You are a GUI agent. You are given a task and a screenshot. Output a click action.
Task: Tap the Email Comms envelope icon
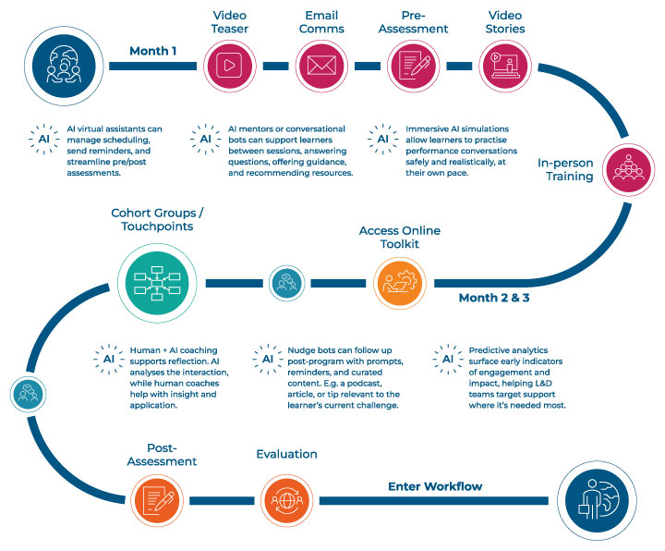(320, 66)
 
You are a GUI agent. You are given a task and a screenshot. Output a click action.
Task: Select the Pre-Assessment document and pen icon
(412, 66)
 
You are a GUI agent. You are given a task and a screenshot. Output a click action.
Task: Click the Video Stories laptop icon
(503, 66)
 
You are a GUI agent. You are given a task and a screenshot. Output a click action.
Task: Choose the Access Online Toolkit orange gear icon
(400, 282)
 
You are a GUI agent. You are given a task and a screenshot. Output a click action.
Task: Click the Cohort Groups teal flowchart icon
(153, 281)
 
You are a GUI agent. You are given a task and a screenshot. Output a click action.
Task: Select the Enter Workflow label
(435, 486)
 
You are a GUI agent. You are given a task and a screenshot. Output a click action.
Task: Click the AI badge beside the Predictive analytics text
(448, 359)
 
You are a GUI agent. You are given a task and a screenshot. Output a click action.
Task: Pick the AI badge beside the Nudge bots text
(268, 359)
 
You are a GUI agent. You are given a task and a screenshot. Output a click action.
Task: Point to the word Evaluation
(285, 454)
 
